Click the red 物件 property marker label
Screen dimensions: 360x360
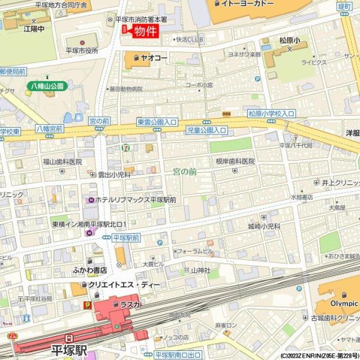(x=145, y=31)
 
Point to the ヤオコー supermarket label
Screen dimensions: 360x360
(x=154, y=58)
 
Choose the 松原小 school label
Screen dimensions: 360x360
(x=293, y=41)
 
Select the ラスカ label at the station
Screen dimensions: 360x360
(x=130, y=305)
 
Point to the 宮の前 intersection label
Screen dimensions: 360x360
(x=98, y=121)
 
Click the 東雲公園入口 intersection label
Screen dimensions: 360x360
(x=157, y=121)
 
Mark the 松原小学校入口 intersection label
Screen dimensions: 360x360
(x=272, y=113)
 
